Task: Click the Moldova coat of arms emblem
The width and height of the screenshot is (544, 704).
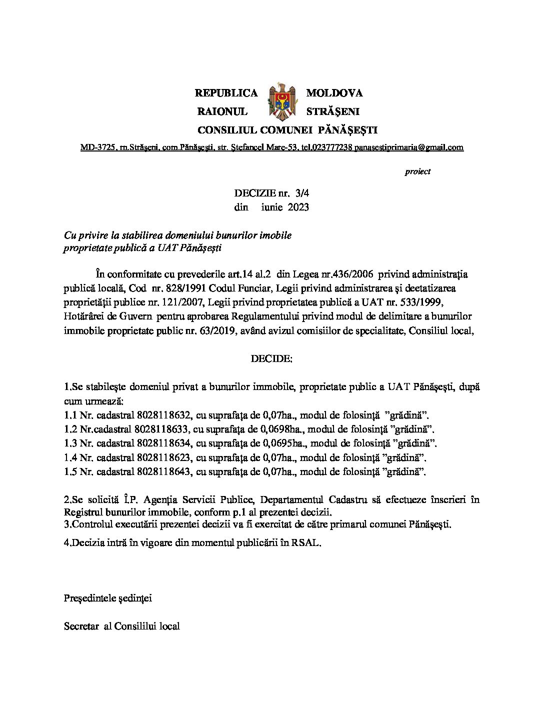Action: [282, 102]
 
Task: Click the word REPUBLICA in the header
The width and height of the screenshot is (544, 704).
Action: [226, 93]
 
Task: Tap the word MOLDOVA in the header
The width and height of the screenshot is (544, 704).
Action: [334, 93]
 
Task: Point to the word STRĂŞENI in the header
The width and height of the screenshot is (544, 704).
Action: [332, 111]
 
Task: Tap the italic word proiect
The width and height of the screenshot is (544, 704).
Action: [417, 171]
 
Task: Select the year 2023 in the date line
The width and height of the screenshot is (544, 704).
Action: [298, 207]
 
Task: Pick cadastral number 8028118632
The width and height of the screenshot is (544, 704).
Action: [163, 415]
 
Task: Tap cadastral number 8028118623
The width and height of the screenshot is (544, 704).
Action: [163, 457]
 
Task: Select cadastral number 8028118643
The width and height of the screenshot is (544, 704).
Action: [163, 471]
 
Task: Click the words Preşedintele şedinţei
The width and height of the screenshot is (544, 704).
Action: [108, 598]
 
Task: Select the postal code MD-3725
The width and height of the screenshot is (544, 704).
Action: [97, 147]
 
